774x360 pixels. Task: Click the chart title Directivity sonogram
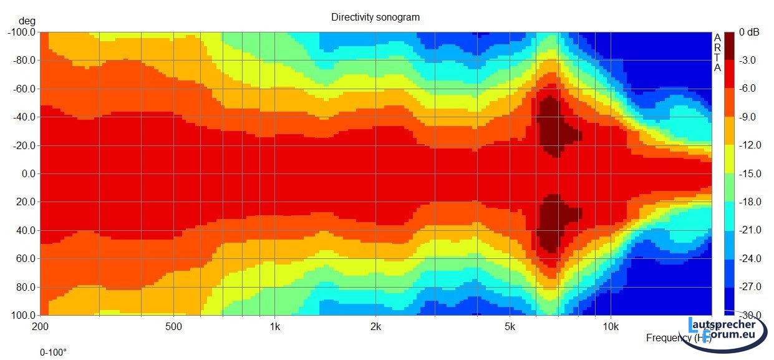pyautogui.click(x=375, y=17)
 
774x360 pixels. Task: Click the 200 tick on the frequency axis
pyautogui.click(x=40, y=327)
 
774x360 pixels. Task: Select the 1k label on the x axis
pyautogui.click(x=275, y=327)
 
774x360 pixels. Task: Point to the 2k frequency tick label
pyautogui.click(x=375, y=327)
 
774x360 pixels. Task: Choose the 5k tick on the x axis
pyautogui.click(x=510, y=327)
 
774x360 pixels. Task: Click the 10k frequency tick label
pyautogui.click(x=611, y=327)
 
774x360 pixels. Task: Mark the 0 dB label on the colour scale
pyautogui.click(x=749, y=32)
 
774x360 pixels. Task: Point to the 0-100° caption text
pyautogui.click(x=53, y=353)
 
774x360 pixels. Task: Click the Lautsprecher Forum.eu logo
pyautogui.click(x=727, y=331)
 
